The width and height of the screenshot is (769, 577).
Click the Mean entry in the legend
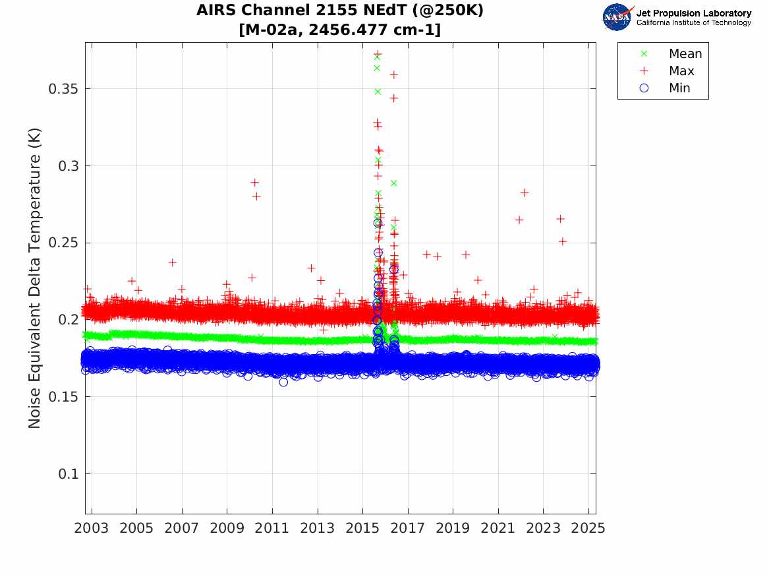click(x=685, y=54)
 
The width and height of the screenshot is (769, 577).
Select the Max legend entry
click(x=681, y=71)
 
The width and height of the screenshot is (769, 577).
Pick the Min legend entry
click(x=679, y=88)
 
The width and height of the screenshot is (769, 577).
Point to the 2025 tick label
click(x=588, y=528)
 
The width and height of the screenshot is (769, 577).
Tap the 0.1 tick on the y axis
click(x=69, y=474)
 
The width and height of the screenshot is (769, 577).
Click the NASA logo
click(x=617, y=17)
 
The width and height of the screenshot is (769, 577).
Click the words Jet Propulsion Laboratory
click(x=693, y=13)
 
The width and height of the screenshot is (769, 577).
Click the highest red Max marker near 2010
click(x=255, y=182)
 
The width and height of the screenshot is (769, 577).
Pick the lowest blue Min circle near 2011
click(x=283, y=382)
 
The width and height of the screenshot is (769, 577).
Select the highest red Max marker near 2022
click(x=525, y=193)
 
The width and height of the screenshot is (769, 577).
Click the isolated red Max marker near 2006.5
click(x=172, y=262)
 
